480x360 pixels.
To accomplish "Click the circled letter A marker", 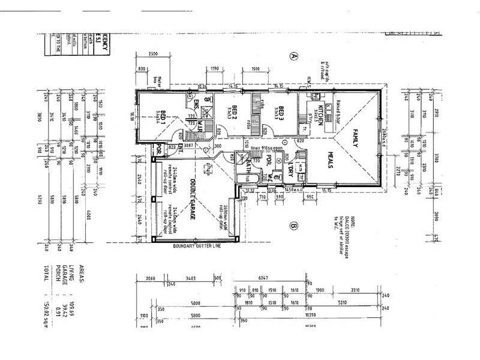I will tap(294, 57).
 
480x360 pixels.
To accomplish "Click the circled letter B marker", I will tap(294, 226).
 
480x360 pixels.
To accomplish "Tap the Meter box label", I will tap(158, 84).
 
